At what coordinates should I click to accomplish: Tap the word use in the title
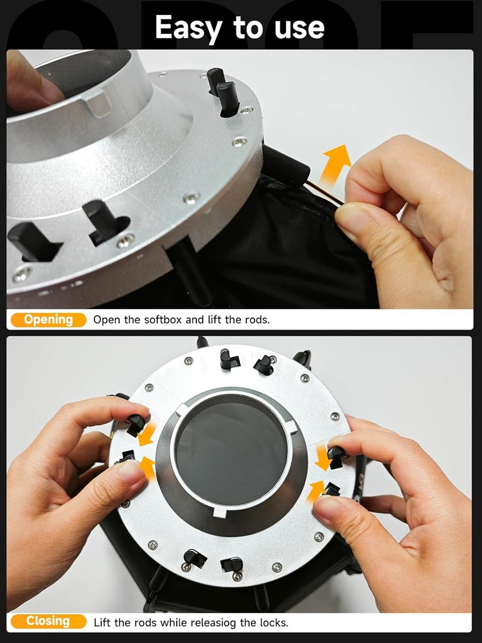point(299,29)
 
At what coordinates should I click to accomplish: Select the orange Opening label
point(48,319)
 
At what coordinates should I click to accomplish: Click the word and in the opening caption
point(195,319)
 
